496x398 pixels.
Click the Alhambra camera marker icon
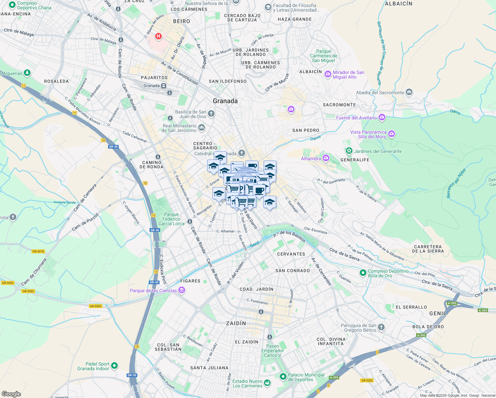coord(326,158)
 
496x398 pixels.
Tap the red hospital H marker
coord(158,36)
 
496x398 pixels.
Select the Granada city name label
coord(225,101)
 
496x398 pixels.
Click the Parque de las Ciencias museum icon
coord(181,291)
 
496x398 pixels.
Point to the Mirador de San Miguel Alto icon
coord(328,74)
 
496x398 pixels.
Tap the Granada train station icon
coord(163,86)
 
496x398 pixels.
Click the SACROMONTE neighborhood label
coord(339,105)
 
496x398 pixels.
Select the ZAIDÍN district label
coord(236,323)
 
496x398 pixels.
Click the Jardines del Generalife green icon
coord(349,151)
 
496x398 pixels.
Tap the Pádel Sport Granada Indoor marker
coord(114,366)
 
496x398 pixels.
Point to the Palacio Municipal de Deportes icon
coord(283,377)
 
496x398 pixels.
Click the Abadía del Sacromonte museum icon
coord(409,92)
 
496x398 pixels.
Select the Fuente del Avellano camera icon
coord(382,117)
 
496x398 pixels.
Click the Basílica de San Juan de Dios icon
coord(211,114)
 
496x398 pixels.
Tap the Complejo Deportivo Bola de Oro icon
coord(363,273)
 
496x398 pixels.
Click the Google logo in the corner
coord(11,394)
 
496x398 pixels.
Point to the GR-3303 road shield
coord(28,291)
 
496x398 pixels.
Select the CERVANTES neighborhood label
coord(291,254)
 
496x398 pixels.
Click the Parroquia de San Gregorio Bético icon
coord(381,327)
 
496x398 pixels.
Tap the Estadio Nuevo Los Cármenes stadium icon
coord(267,383)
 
